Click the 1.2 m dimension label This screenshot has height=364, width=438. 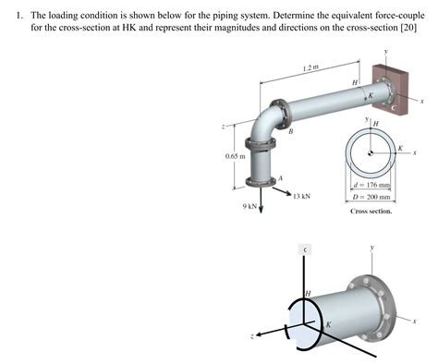[310, 67]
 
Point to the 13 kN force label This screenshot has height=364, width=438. [300, 196]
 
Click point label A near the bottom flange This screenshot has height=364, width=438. [280, 178]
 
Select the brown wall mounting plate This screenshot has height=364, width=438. [382, 90]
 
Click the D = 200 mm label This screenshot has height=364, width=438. [373, 198]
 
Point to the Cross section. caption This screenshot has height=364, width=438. [371, 212]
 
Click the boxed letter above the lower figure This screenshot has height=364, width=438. [305, 249]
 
